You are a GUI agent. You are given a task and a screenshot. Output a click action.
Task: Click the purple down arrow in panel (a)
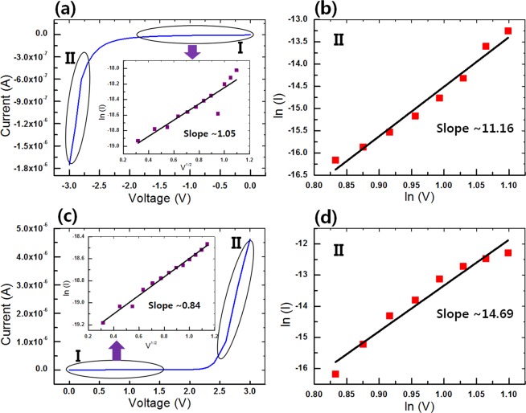192,52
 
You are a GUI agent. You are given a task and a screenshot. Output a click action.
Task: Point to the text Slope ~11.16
469,127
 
